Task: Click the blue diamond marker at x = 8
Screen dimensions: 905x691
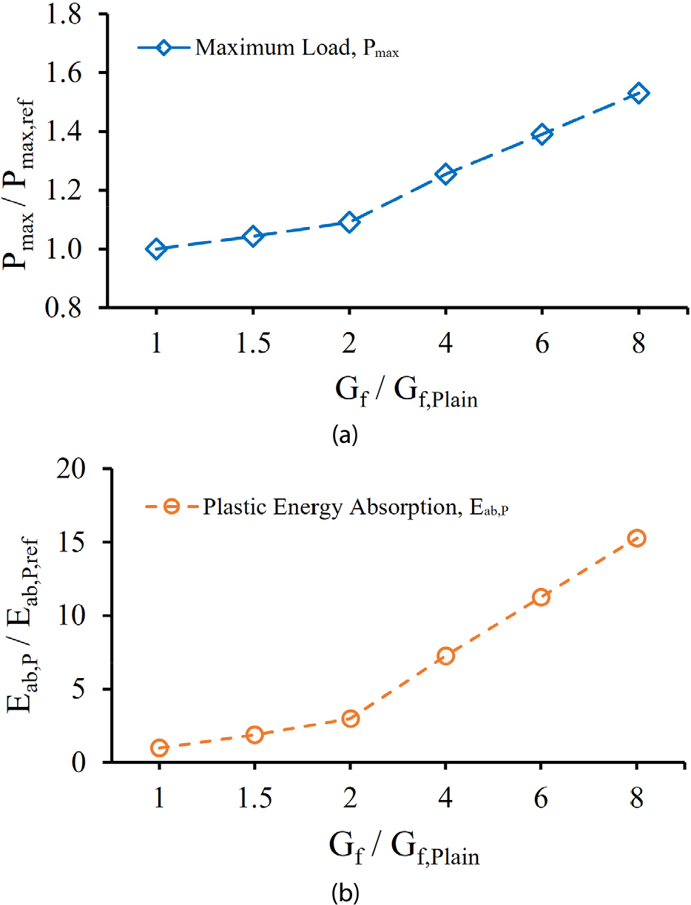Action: [638, 93]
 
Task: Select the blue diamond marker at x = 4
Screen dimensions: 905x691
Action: [445, 174]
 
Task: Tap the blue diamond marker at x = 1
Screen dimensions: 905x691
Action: [156, 248]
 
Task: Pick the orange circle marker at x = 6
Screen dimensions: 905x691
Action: [541, 597]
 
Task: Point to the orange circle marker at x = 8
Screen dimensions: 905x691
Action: [637, 538]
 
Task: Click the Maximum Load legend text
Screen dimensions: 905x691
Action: [297, 50]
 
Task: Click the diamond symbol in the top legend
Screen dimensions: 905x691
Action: [164, 49]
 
